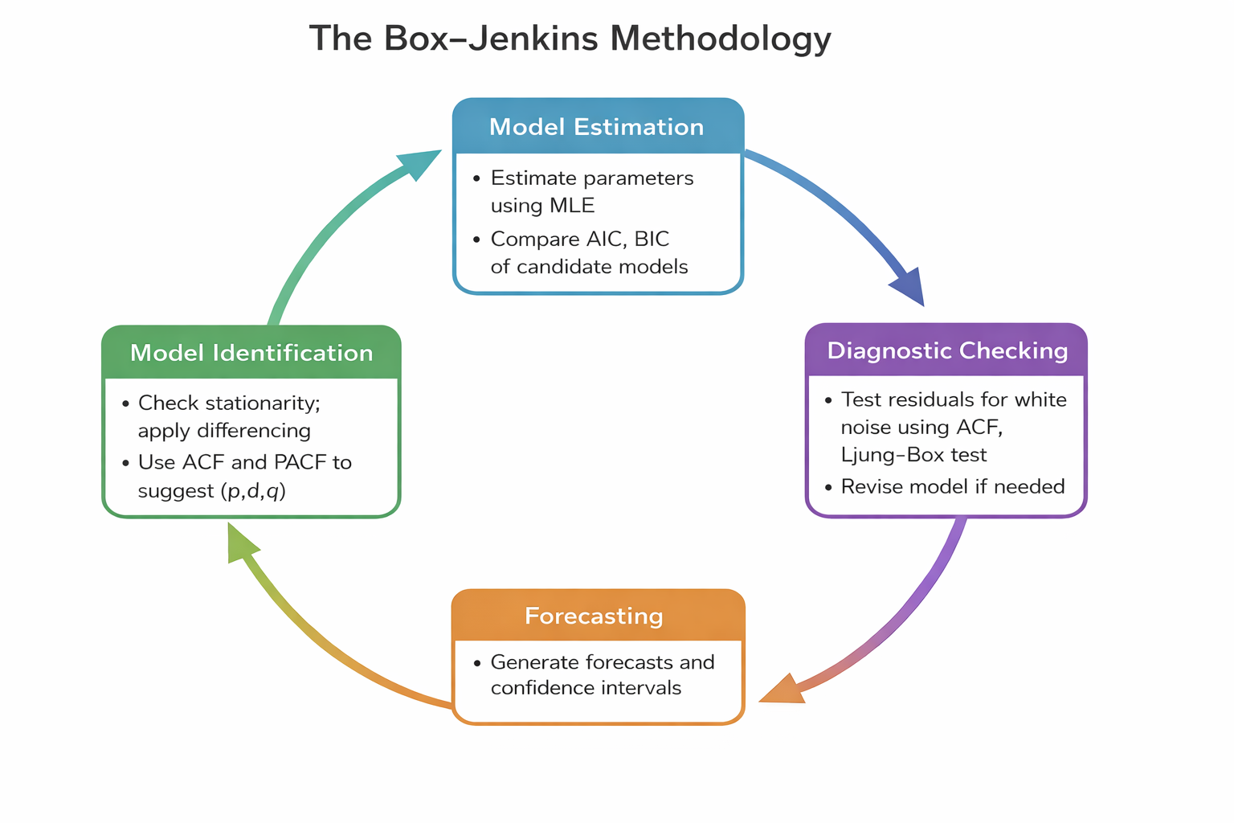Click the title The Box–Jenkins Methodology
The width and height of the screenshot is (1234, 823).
pos(570,39)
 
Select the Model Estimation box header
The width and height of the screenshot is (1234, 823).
pos(596,127)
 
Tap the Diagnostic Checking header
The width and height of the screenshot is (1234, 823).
pos(947,350)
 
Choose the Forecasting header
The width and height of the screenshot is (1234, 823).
pos(594,616)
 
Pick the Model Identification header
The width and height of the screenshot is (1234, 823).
pos(251,353)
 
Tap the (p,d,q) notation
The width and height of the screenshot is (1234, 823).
pos(253,491)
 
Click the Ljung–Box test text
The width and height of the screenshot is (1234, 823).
pos(913,455)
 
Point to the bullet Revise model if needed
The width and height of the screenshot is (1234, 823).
pos(952,487)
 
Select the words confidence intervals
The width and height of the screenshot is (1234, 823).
pos(586,689)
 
